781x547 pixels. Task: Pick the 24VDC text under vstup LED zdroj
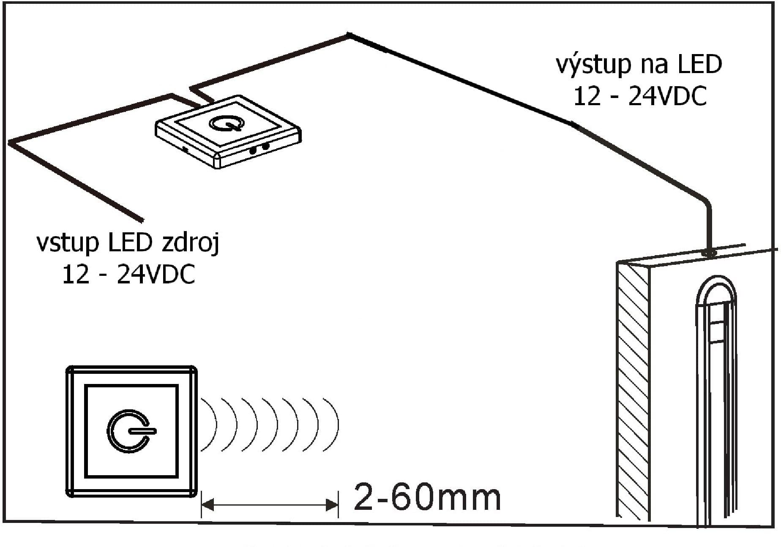pos(156,275)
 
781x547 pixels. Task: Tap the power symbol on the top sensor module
pos(226,123)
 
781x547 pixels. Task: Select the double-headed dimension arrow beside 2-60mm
pos(269,504)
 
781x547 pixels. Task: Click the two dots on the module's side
pos(259,148)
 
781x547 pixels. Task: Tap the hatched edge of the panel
pos(633,391)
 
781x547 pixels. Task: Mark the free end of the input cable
pos(142,220)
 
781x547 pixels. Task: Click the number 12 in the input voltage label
pos(76,275)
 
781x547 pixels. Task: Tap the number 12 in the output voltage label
pos(587,96)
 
